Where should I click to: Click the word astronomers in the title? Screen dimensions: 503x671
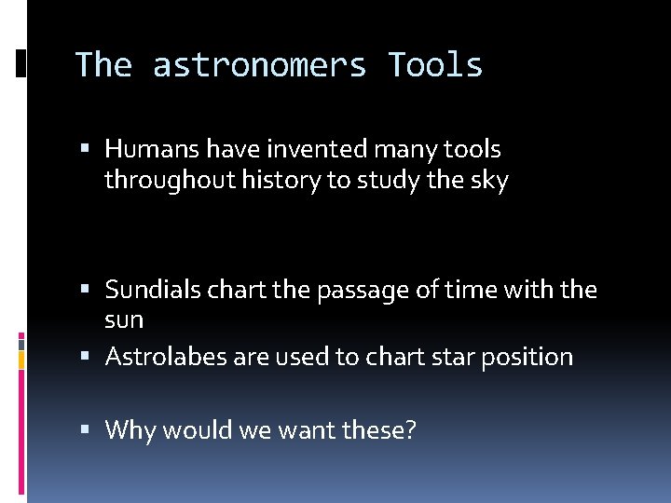[x=260, y=66]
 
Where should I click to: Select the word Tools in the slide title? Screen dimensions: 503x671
[x=435, y=66]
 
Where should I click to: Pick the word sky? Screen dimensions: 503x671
[x=490, y=181]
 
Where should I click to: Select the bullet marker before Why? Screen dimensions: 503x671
[x=85, y=431]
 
